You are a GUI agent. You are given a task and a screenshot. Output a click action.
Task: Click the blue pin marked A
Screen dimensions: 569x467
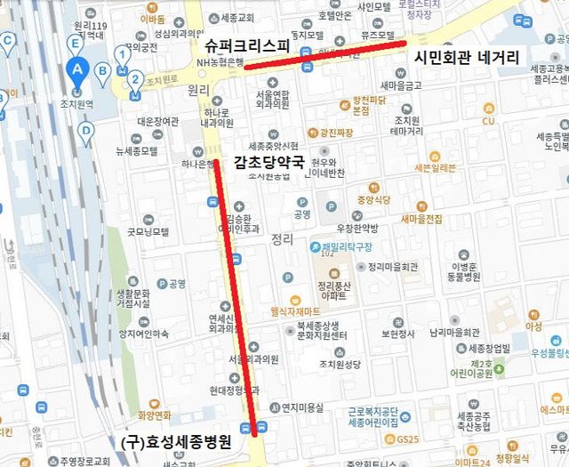click(77, 68)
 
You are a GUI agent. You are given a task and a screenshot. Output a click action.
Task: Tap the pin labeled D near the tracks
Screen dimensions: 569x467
click(85, 131)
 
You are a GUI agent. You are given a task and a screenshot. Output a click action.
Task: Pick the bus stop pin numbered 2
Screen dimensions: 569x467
click(134, 78)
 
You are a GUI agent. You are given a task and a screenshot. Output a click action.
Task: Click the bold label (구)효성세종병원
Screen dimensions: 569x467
click(176, 441)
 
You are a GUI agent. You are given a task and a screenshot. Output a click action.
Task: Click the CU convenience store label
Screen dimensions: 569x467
click(488, 121)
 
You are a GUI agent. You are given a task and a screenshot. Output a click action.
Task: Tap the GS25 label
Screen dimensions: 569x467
click(408, 439)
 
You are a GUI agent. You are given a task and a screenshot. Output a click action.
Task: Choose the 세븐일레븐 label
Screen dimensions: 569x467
click(435, 167)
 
